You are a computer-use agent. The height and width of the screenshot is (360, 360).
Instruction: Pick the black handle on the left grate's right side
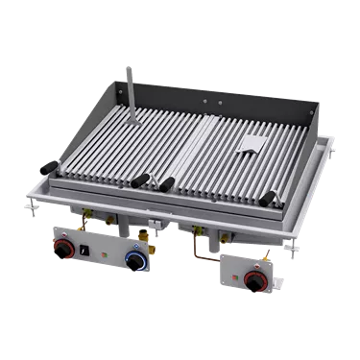(143, 180)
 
